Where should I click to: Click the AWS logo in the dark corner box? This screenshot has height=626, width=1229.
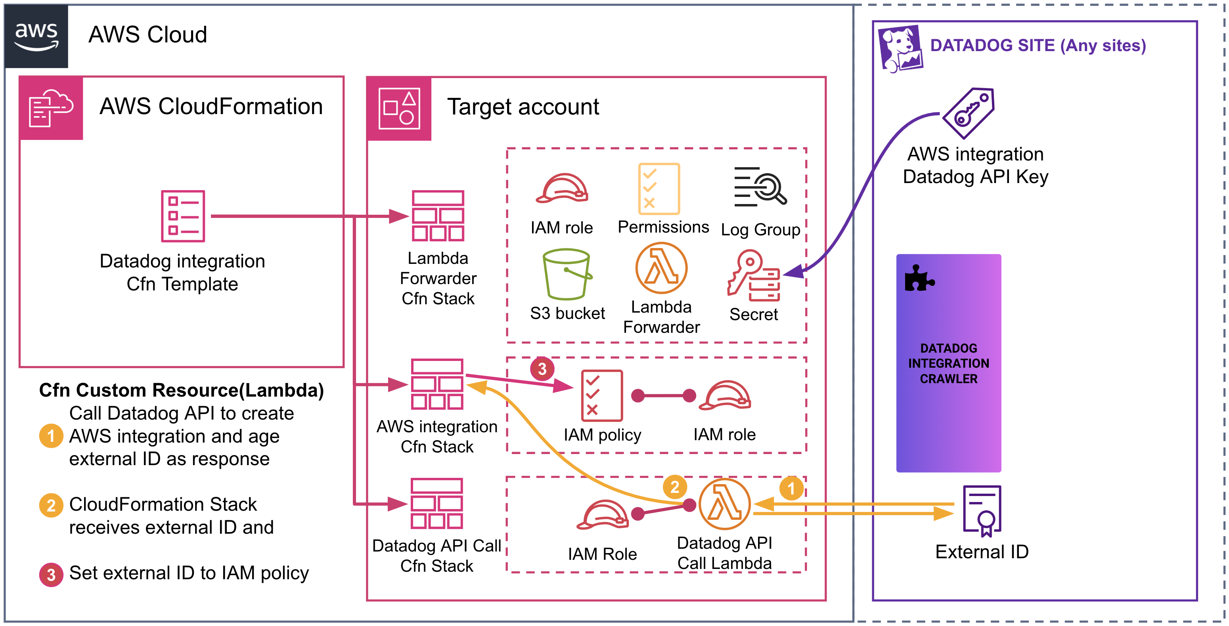(x=36, y=36)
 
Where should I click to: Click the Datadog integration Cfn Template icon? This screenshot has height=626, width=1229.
(x=183, y=216)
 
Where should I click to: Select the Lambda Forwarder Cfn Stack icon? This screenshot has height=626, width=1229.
(x=438, y=216)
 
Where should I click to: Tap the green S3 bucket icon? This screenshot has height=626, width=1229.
(x=567, y=274)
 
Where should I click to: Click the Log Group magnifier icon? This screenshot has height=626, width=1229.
(x=760, y=187)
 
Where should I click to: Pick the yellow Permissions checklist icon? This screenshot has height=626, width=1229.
(x=659, y=189)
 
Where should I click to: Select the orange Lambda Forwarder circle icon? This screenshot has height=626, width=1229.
(x=661, y=268)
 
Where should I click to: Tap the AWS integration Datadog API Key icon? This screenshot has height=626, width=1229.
(x=969, y=113)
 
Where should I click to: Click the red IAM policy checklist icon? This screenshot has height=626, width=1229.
(x=602, y=395)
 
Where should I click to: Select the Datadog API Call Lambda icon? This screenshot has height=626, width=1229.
(x=724, y=504)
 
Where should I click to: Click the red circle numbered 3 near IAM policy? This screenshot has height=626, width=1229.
(x=542, y=368)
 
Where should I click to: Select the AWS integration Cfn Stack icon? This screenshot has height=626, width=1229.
(x=437, y=384)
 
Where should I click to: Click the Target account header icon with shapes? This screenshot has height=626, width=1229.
(x=399, y=109)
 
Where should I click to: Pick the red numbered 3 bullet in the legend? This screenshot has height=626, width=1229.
(x=51, y=574)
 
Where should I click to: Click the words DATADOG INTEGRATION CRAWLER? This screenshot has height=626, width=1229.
(x=948, y=363)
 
